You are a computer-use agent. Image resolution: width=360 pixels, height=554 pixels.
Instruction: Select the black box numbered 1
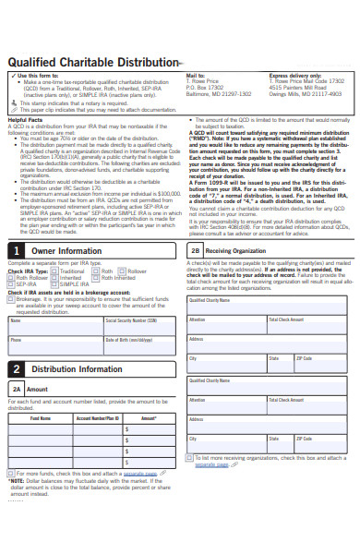click(x=17, y=250)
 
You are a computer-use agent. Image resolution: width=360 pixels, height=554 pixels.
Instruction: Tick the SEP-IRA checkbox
click(x=11, y=284)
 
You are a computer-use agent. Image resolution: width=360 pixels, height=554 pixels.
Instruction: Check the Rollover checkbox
click(x=124, y=271)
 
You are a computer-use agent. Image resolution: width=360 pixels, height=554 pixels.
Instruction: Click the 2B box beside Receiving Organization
click(x=196, y=250)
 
